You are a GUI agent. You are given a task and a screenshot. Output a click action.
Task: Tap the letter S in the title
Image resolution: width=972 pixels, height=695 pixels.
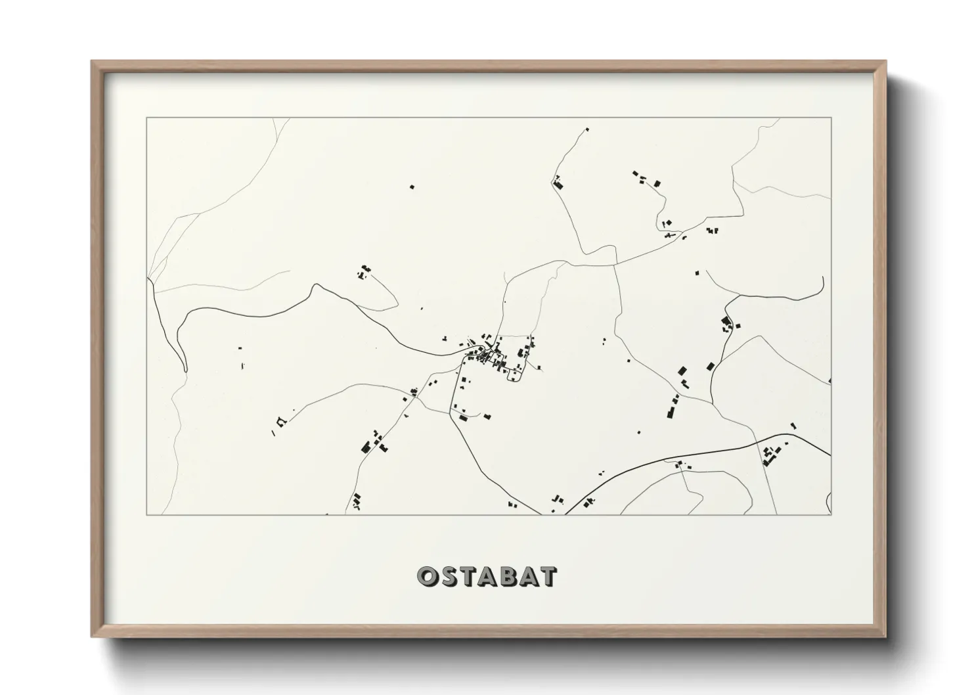[449, 577]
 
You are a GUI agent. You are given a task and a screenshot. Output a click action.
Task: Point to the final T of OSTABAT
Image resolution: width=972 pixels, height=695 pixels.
[548, 577]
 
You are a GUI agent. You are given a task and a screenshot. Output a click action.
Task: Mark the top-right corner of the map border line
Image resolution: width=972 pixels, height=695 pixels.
[831, 118]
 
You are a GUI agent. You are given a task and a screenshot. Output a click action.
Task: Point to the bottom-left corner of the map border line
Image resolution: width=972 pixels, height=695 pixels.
[146, 514]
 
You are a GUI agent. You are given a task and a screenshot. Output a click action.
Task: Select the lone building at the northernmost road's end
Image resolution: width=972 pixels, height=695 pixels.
[587, 129]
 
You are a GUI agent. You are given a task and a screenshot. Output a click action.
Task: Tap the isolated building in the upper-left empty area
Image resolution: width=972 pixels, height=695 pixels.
[412, 187]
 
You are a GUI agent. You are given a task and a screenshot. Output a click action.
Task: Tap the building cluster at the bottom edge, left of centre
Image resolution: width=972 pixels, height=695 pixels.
[357, 502]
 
